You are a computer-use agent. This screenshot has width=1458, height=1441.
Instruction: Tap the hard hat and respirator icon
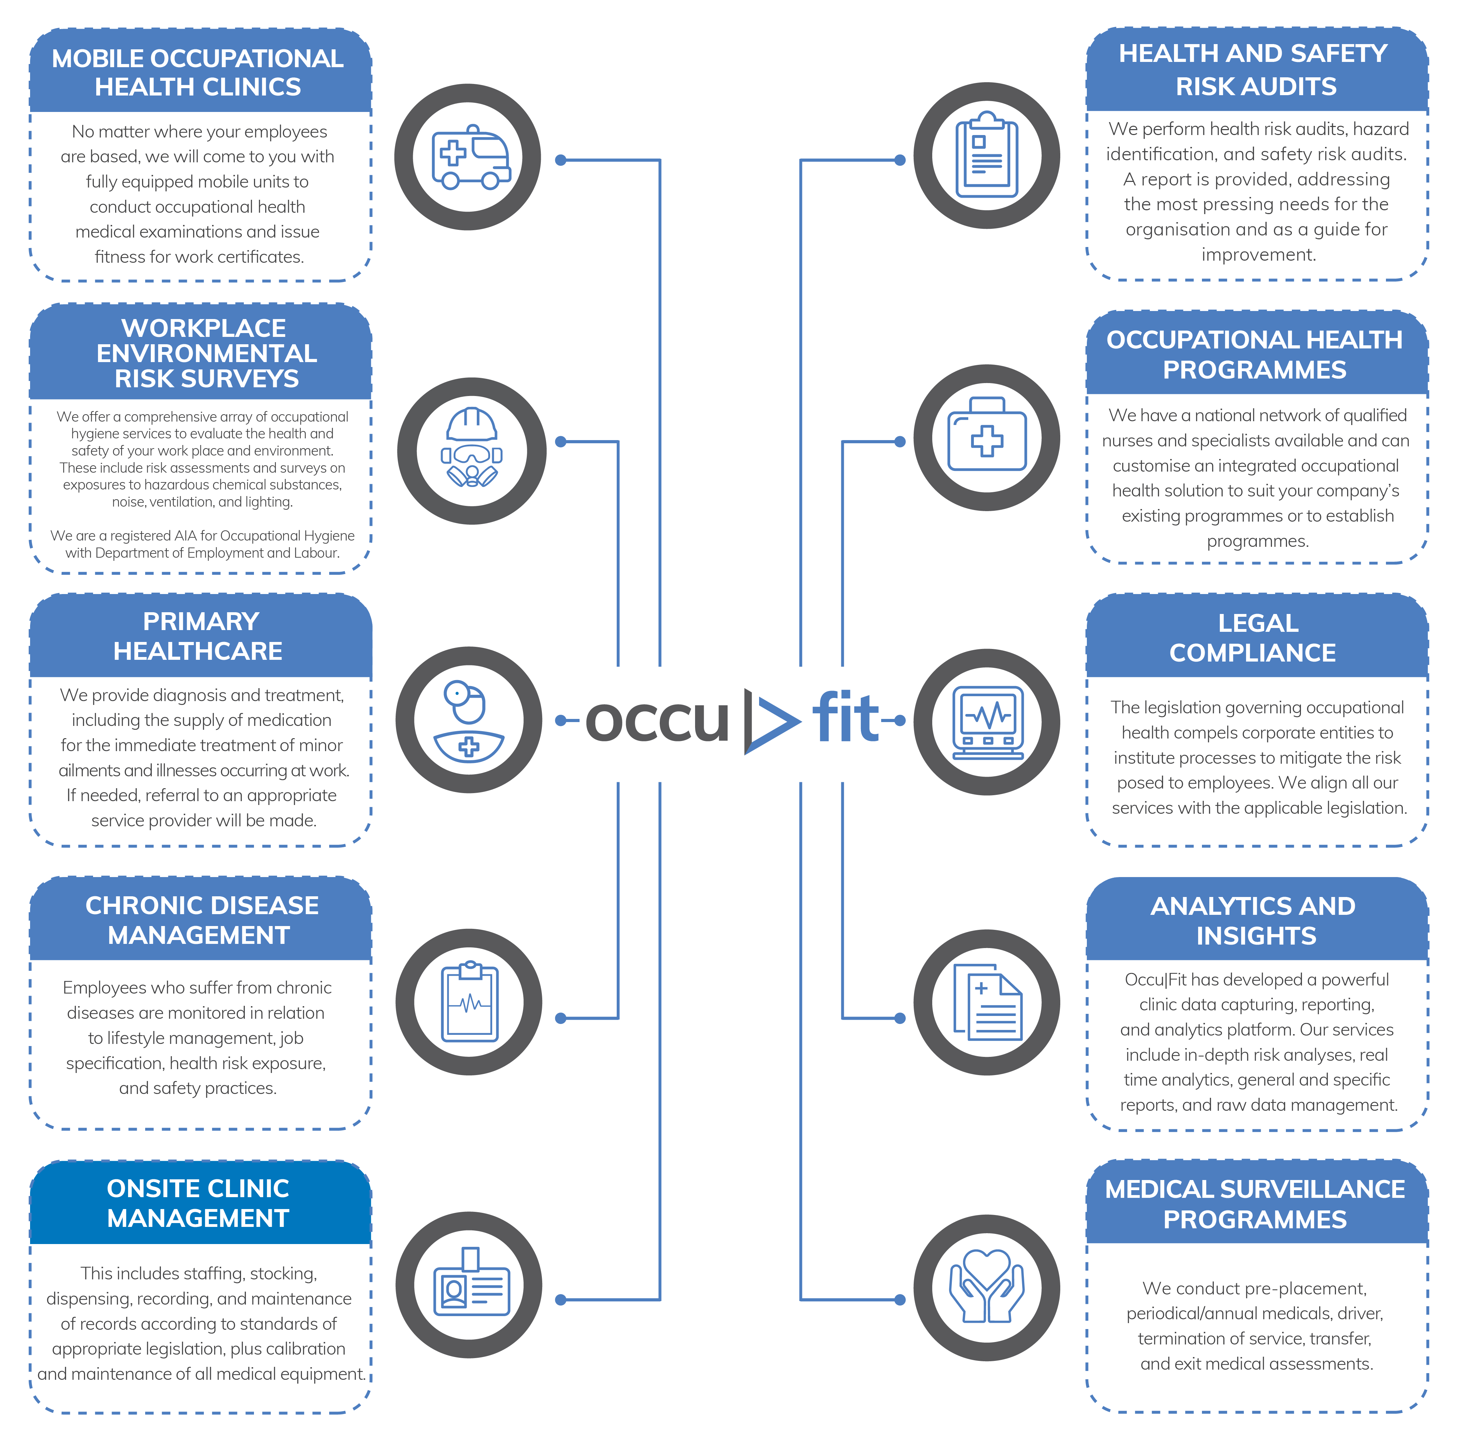(x=472, y=448)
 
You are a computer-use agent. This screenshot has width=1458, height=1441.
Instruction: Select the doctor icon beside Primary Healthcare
(x=469, y=721)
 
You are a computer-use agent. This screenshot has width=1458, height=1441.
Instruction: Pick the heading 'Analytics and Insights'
(x=1254, y=921)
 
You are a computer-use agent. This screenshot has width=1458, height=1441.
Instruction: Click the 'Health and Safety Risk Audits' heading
(x=1254, y=70)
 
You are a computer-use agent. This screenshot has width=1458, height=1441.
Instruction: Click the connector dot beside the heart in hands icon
(x=900, y=1300)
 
